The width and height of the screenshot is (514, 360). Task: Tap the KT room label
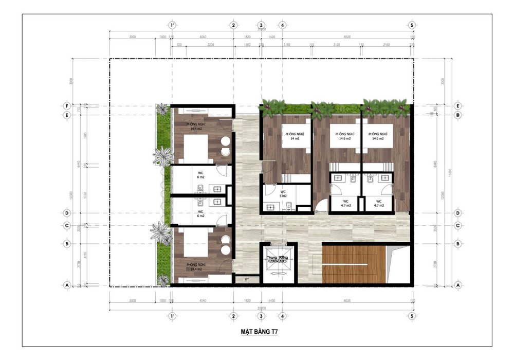(247, 279)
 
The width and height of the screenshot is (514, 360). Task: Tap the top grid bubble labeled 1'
(173, 25)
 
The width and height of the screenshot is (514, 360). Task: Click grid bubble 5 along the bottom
(411, 316)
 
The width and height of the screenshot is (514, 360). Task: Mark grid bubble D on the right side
(457, 212)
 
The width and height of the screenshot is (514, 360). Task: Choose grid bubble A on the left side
(66, 284)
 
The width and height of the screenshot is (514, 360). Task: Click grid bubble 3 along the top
(262, 25)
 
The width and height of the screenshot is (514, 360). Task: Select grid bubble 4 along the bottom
(282, 316)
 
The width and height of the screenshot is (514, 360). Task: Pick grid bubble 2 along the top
(233, 25)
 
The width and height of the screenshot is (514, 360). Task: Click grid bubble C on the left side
(66, 225)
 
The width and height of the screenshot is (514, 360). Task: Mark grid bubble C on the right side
(457, 225)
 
